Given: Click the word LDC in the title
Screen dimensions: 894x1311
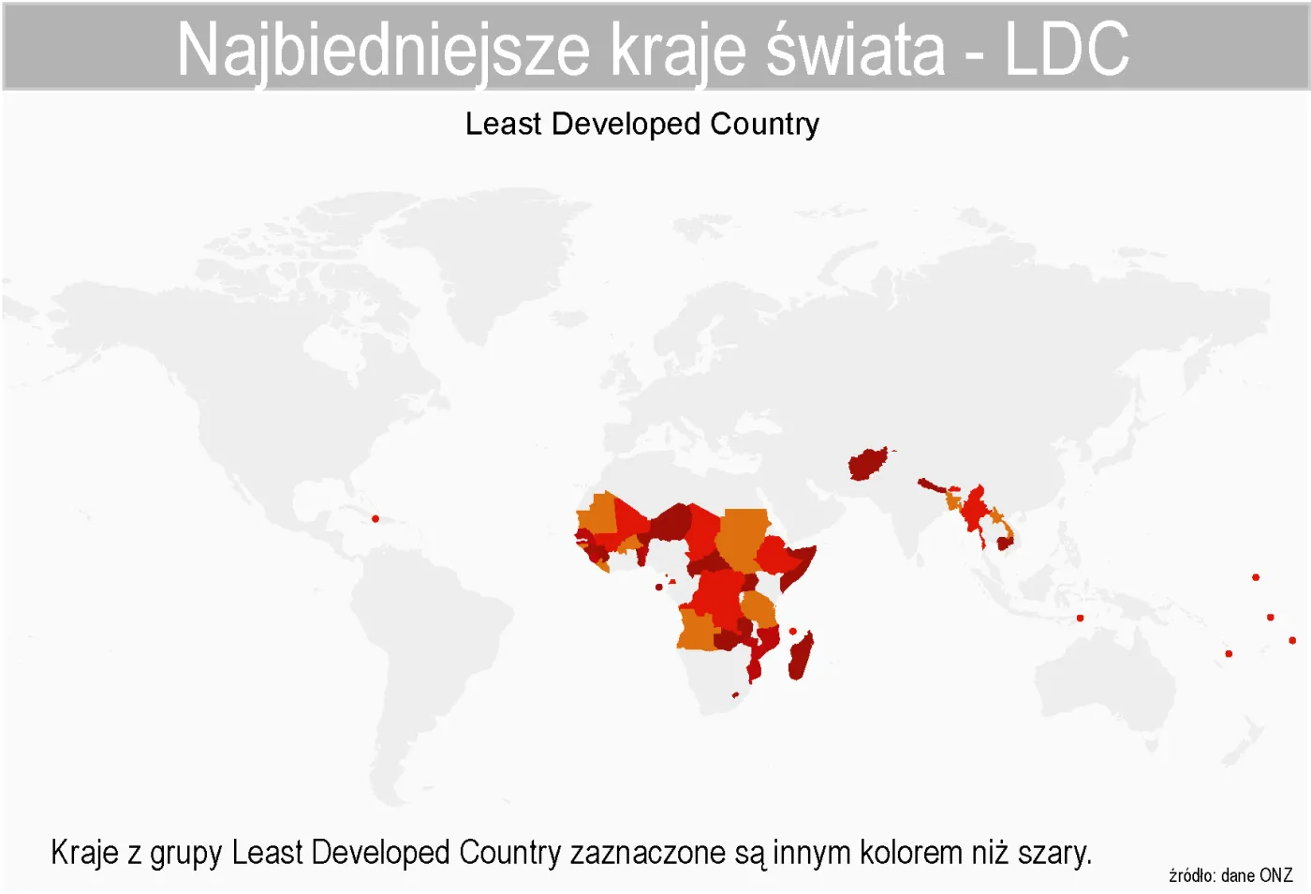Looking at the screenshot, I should click(x=1067, y=49).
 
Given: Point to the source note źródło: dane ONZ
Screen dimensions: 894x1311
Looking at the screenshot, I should click(x=1230, y=875).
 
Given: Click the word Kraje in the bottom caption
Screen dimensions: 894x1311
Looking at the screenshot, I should click(x=84, y=853).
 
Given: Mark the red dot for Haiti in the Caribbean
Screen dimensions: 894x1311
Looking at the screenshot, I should click(x=376, y=518).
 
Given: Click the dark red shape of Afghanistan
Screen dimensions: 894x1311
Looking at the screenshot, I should click(x=867, y=464).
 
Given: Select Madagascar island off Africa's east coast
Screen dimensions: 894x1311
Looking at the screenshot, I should click(x=801, y=656).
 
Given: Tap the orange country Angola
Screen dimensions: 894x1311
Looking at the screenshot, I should click(x=697, y=630).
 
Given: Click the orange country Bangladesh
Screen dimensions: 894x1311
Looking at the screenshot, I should click(x=954, y=502).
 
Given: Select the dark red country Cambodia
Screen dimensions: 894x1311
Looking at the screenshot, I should click(x=1004, y=543).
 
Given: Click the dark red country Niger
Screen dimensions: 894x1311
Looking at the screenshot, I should click(x=671, y=523).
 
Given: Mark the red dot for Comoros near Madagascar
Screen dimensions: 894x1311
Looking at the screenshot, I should click(x=793, y=632).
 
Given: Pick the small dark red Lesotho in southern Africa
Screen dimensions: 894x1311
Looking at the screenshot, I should click(x=735, y=695).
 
